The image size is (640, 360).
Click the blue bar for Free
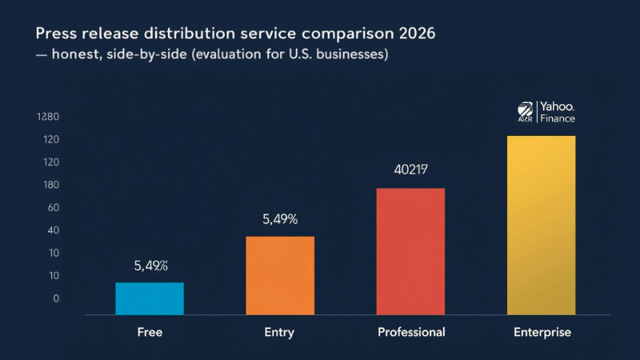(150, 298)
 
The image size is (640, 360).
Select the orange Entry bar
(280, 275)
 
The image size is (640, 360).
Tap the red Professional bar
(410, 251)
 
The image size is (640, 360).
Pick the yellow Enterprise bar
(541, 225)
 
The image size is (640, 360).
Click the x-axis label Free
(150, 332)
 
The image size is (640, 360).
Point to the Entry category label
(279, 332)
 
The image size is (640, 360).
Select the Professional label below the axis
(411, 332)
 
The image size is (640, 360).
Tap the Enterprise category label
(542, 332)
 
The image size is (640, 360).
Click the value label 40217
(411, 170)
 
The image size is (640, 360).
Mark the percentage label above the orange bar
(280, 218)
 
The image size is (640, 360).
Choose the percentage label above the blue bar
(150, 266)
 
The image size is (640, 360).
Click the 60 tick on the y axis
(54, 208)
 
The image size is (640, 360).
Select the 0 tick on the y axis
(56, 298)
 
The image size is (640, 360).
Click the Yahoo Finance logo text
(556, 112)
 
